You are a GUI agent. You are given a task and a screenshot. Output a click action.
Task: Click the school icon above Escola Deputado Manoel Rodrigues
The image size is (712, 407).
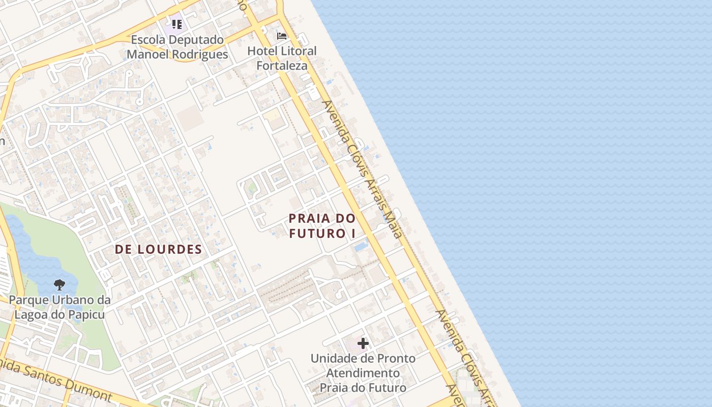pos(176,24)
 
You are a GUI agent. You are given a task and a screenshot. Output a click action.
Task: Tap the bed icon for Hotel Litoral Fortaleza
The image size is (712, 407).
pos(282,36)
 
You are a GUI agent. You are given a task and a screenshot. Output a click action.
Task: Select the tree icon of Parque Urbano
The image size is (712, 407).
pos(59,285)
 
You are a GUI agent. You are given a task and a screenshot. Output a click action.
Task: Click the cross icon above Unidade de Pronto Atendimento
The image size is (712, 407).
pos(363,343)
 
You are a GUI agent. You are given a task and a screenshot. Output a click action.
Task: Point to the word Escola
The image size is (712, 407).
pos(149,40)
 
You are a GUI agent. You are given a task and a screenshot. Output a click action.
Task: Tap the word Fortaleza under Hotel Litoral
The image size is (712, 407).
pos(282,66)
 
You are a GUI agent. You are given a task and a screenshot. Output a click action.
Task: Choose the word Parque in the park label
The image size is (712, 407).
pos(27,300)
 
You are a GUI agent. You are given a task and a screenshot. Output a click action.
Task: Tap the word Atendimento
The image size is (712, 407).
pos(363,373)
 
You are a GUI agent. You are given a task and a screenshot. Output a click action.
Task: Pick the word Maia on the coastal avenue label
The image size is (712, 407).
pos(395,227)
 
